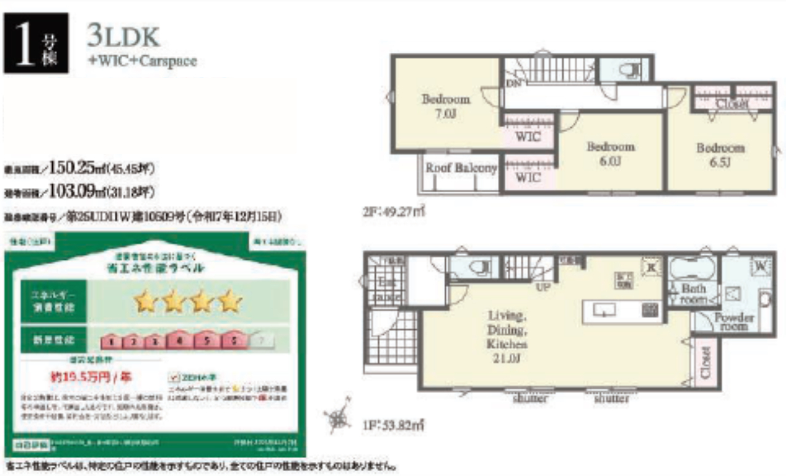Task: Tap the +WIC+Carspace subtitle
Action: tap(142, 61)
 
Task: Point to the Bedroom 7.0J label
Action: tap(445, 106)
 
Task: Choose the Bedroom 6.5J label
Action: tap(720, 155)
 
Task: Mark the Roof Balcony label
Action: tap(461, 167)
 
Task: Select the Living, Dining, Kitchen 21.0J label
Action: tap(507, 337)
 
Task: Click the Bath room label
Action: tap(694, 294)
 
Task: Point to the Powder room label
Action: tap(734, 322)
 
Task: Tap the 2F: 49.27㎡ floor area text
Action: tap(393, 213)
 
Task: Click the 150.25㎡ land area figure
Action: tap(77, 166)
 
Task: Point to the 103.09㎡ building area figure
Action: tap(77, 191)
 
